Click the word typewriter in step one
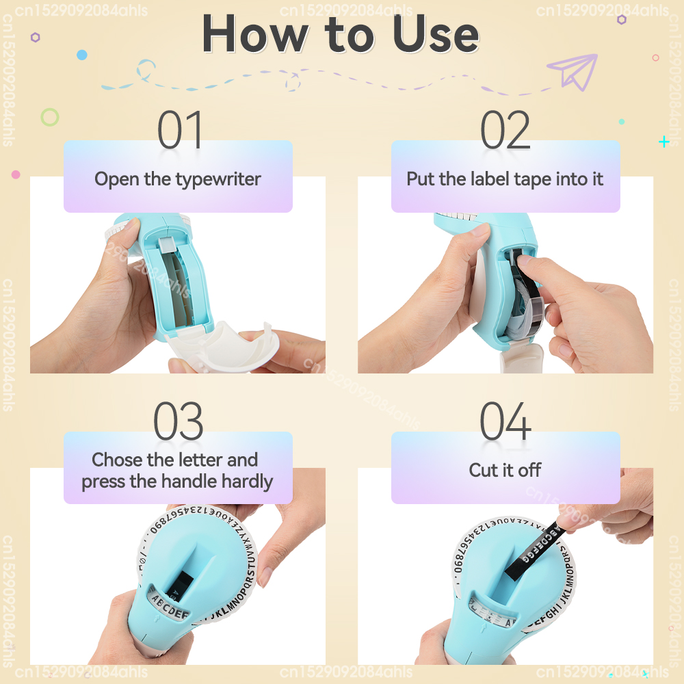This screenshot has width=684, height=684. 218,180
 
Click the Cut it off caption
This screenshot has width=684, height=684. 505,470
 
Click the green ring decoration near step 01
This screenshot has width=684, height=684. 49,117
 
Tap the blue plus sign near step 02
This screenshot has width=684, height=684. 663,142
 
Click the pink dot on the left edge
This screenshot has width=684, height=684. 16,174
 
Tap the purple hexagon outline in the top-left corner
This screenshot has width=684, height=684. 35,38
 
